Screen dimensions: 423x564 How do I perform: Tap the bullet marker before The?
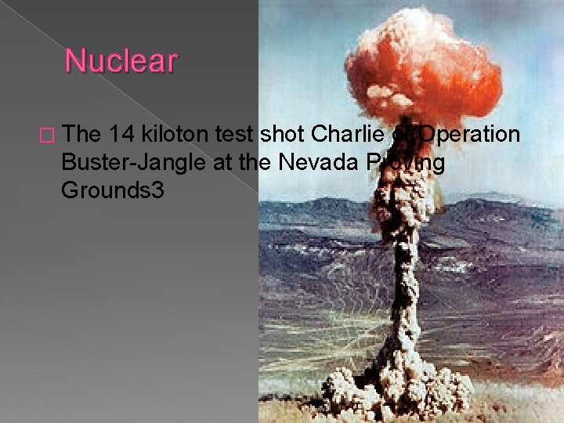tap(52, 136)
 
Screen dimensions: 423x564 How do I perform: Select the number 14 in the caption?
tap(124, 135)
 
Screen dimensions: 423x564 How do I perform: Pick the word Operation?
tap(469, 135)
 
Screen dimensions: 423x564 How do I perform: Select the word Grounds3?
tap(114, 190)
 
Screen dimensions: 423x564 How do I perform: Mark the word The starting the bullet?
tap(84, 135)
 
